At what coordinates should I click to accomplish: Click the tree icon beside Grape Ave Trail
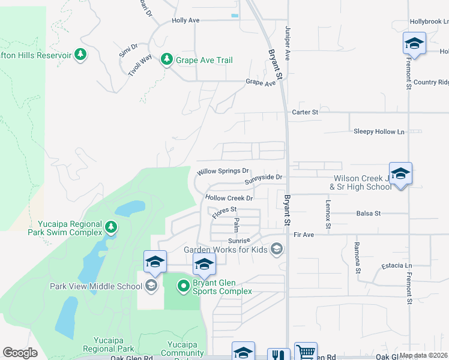pos(166,60)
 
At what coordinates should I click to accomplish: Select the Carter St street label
pos(304,112)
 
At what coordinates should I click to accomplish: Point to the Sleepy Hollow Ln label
pos(379,131)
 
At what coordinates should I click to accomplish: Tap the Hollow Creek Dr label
pos(229,197)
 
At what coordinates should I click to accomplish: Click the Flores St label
pos(224,210)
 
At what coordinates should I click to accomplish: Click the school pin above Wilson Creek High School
pos(400,173)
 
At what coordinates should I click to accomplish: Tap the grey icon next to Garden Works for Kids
pos(277,249)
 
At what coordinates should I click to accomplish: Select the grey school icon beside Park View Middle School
pos(151,286)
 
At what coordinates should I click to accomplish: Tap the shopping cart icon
pos(306,353)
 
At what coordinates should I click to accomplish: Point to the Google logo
pos(20,353)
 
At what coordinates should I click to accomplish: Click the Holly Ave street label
pos(185,20)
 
